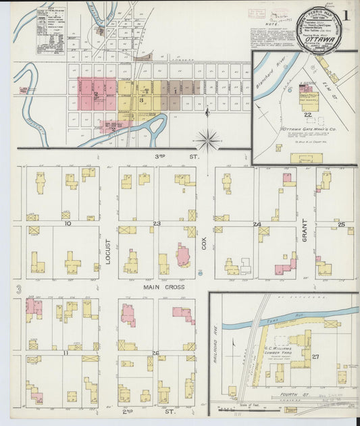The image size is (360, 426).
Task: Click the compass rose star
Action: pos(208,140)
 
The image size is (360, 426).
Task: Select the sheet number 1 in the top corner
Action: pos(346,15)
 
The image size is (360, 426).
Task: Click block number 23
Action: pos(156,223)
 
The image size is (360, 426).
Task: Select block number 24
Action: pos(257,223)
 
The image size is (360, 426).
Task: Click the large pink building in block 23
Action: pos(182,256)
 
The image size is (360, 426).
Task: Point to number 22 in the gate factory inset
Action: pos(307,116)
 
